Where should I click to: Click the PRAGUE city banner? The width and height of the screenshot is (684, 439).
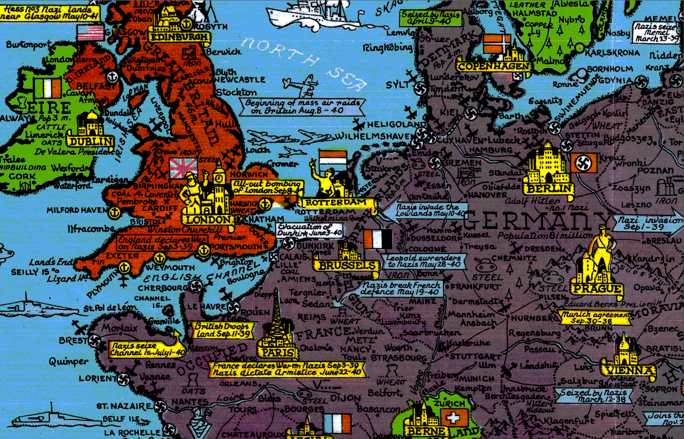[x=597, y=289]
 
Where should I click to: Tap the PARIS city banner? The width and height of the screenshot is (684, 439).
[x=278, y=353]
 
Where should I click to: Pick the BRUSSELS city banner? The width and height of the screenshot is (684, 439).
[x=347, y=266]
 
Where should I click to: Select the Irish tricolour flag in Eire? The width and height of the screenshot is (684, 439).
[x=47, y=88]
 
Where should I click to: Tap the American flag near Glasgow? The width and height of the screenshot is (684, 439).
[x=90, y=32]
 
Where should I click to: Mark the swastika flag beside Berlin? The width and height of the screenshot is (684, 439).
[x=584, y=162]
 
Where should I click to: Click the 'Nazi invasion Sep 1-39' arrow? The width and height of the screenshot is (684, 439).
[x=648, y=223]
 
